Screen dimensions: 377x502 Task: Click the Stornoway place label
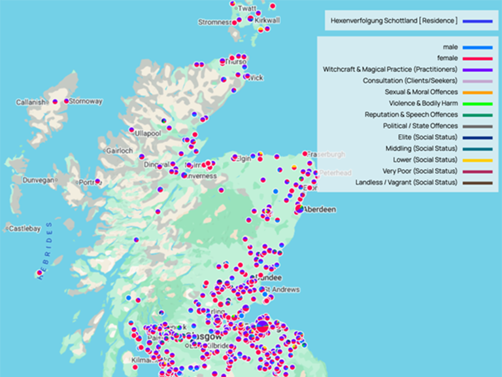pos(86,101)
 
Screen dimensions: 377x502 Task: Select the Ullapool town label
pos(148,133)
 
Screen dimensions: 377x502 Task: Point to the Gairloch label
pos(120,151)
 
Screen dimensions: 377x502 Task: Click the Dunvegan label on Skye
pos(38,179)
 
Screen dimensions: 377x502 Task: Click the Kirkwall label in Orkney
pos(267,20)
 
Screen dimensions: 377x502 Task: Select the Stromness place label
pos(215,22)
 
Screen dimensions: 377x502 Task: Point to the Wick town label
pos(256,78)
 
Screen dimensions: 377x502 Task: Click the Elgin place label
pos(243,158)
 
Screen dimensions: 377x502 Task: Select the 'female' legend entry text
pos(447,58)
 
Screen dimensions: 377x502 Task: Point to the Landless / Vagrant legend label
pos(407,182)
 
